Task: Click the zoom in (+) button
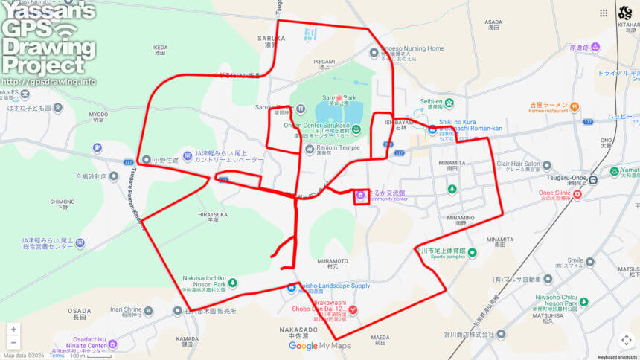13,330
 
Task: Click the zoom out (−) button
13,343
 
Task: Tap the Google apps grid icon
603,13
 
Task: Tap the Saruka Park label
339,97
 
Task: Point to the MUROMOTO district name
333,261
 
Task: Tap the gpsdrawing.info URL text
48,82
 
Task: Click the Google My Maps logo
319,346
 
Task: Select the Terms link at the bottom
57,356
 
